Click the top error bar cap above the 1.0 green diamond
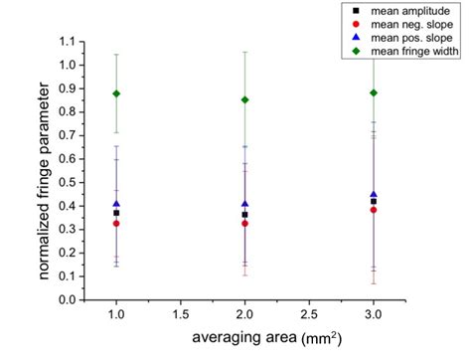coord(116,55)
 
